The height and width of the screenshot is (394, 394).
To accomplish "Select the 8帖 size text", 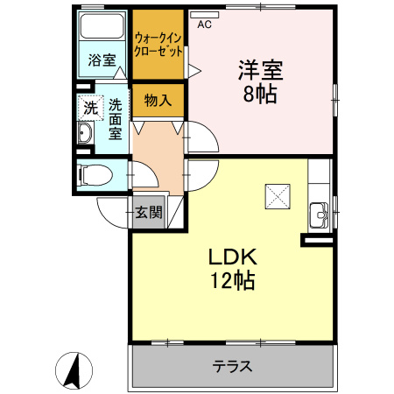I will tap(260, 94).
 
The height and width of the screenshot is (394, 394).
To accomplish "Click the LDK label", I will tap(231, 258).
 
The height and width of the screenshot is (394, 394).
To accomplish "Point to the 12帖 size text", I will tap(231, 282).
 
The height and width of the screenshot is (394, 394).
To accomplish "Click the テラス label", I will tap(232, 366).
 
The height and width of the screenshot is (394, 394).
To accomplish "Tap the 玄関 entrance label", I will tap(148, 212).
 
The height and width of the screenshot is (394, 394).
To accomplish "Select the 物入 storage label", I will tap(158, 101).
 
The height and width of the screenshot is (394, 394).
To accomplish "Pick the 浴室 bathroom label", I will tap(102, 60).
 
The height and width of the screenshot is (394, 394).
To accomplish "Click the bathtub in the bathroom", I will tap(103, 26).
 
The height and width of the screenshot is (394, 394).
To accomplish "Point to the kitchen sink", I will tap(320, 213).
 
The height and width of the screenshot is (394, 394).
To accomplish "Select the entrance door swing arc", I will tap(110, 210).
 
